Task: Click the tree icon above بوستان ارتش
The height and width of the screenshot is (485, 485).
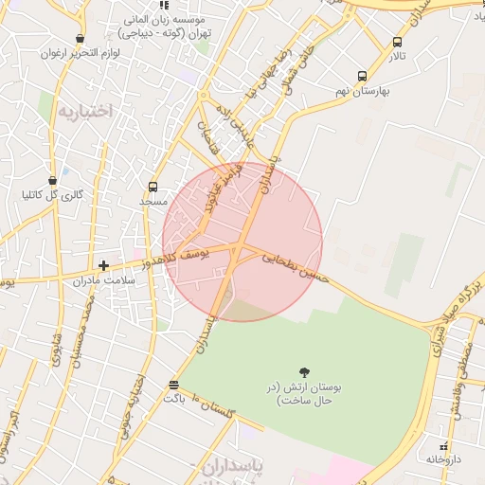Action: (304, 372)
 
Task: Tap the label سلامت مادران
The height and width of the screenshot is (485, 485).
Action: (104, 280)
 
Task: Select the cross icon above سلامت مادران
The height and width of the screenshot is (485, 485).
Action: (103, 265)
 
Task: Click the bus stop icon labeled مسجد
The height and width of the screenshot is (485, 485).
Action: (153, 188)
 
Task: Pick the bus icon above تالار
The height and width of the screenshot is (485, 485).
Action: (396, 43)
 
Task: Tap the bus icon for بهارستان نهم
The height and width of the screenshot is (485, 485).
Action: (362, 77)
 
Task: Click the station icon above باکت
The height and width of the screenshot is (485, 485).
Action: (172, 385)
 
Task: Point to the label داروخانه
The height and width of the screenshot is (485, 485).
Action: (441, 458)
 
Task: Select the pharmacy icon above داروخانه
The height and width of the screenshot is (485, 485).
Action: (442, 445)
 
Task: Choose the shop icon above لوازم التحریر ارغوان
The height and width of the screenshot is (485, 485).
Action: (81, 40)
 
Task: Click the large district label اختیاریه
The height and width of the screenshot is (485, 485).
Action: (85, 111)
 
